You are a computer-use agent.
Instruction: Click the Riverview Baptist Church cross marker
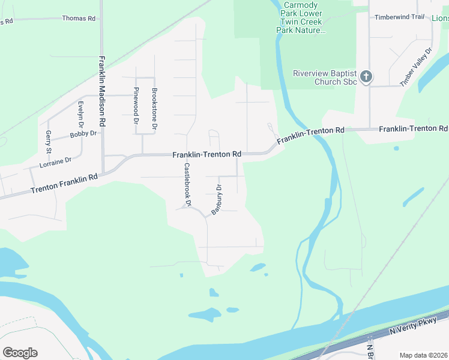(366, 77)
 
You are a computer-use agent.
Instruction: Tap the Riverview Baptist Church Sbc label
(325, 77)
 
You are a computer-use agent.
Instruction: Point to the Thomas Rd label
(79, 19)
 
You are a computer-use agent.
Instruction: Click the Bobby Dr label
(83, 134)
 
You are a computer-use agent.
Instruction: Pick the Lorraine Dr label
(55, 161)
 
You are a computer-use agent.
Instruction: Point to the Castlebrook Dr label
(187, 185)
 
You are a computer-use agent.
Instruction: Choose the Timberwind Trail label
(399, 17)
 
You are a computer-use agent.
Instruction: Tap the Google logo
(20, 353)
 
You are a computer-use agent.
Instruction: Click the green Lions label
(440, 19)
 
